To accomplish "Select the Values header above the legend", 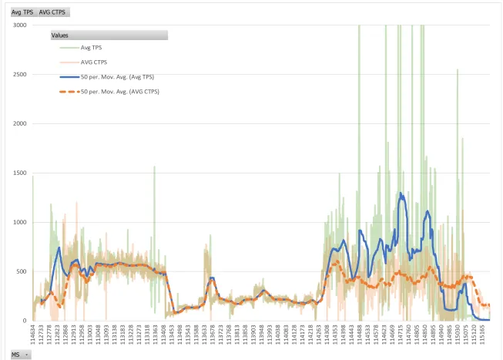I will tap(108, 35).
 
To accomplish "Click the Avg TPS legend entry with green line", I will tap(91, 48).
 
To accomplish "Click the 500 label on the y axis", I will tap(22, 271).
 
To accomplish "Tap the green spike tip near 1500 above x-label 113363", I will tap(154, 167).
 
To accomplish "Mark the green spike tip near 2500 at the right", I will tap(457, 70).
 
